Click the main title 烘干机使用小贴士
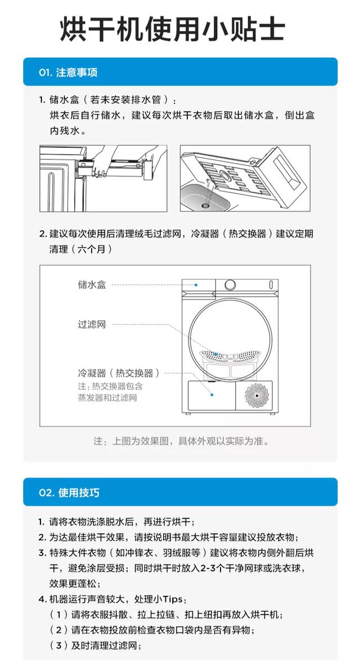(173, 29)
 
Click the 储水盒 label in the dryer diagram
(92, 285)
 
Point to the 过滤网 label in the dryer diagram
(92, 325)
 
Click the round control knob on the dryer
(230, 285)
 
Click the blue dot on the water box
(196, 285)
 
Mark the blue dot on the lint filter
(216, 354)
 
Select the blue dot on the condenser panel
(212, 395)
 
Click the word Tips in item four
(172, 599)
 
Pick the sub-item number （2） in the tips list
(59, 630)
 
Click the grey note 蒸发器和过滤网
(107, 397)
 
